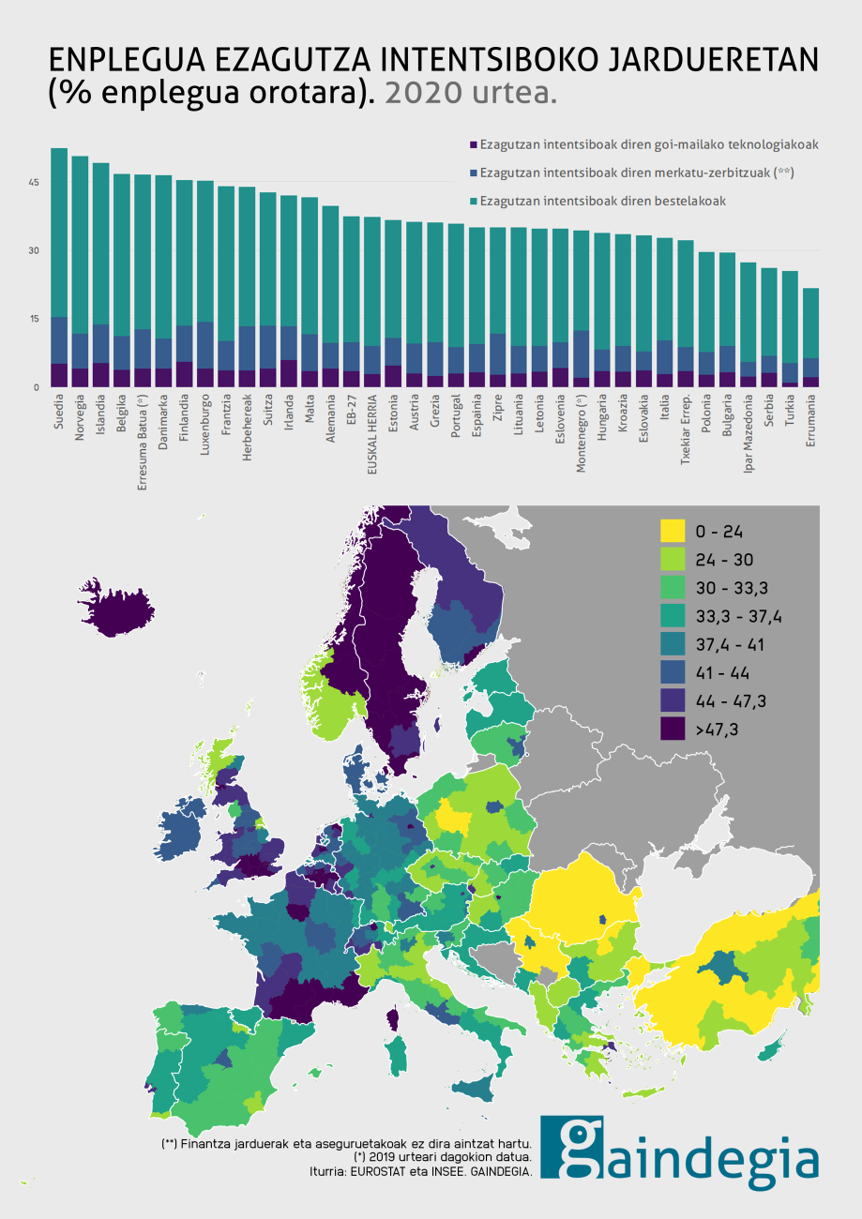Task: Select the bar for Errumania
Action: point(811,338)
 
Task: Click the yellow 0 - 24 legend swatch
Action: point(672,532)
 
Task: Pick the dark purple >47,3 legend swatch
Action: point(672,729)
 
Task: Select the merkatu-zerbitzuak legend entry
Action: point(638,173)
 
